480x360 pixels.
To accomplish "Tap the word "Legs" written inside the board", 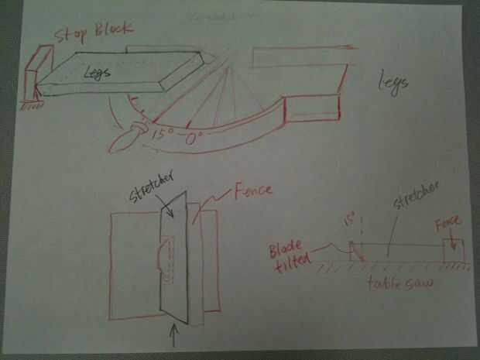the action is (99, 73).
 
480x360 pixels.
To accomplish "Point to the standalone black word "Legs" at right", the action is (393, 84).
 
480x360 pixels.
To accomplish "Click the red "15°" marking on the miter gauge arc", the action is (163, 133).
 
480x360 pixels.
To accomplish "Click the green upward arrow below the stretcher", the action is (173, 336).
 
